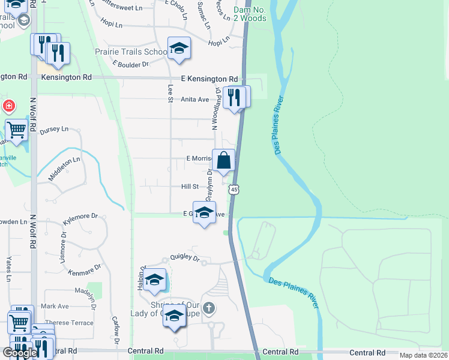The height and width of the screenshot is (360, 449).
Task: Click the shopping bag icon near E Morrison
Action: coord(223,161)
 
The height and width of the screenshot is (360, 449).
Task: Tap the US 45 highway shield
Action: coord(234,189)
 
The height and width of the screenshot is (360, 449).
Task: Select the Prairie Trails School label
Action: coord(131,52)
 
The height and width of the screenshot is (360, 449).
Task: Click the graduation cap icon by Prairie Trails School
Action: coord(179,49)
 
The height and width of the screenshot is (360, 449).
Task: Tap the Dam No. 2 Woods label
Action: coord(250,14)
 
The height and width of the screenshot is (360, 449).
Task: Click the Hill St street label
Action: coord(190,187)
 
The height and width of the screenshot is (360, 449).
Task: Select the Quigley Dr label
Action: coord(184,257)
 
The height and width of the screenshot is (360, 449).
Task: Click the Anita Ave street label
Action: coord(195,100)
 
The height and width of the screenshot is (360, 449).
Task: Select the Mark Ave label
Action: coord(55,306)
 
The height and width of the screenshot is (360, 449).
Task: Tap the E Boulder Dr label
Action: coord(130,64)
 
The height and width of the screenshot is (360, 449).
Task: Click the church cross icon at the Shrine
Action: coord(208,308)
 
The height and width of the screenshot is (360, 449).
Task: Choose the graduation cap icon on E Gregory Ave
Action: coord(204,213)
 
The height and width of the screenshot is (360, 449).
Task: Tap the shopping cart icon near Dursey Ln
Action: coord(17,129)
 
